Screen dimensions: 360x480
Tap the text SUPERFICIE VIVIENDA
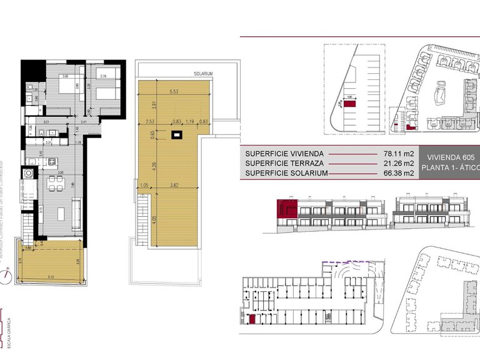tap(284, 153)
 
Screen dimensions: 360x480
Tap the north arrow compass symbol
tap(7, 275)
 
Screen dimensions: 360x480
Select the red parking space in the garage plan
tap(252, 320)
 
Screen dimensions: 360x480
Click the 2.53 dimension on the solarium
tap(150, 121)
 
